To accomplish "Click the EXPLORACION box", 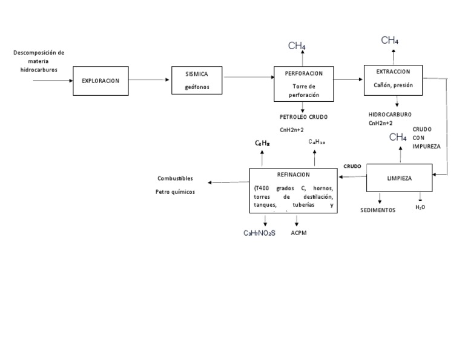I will tap(101, 80).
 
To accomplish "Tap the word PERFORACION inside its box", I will tap(304, 73).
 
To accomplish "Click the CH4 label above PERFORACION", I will tap(297, 45).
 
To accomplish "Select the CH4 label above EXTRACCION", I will tap(389, 41).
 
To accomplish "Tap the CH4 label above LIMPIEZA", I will tap(397, 138).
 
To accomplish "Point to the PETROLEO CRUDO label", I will tap(303, 116).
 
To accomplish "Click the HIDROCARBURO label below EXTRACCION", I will tap(390, 114).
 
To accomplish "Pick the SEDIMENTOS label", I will tap(377, 210).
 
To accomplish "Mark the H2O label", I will tap(420, 207).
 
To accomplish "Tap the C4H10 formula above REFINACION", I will tap(317, 141).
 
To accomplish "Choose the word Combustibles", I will tap(175, 178).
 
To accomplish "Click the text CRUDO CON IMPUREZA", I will tap(426, 138).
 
